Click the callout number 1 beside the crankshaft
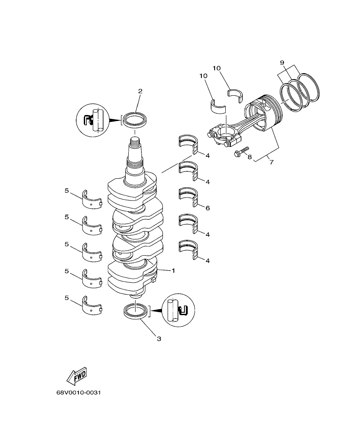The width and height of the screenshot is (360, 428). pyautogui.click(x=173, y=271)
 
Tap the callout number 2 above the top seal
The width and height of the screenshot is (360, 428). pyautogui.click(x=140, y=91)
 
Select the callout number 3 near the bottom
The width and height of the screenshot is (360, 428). pyautogui.click(x=159, y=339)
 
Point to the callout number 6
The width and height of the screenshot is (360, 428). pyautogui.click(x=207, y=208)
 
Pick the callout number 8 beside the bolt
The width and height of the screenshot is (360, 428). pyautogui.click(x=250, y=157)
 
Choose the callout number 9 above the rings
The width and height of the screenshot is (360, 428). pyautogui.click(x=282, y=63)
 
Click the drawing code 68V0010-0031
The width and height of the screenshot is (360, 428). pyautogui.click(x=80, y=393)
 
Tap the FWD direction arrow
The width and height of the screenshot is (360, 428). pyautogui.click(x=77, y=376)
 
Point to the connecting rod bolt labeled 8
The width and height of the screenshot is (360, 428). pyautogui.click(x=241, y=151)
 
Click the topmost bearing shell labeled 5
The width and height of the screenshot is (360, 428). pyautogui.click(x=91, y=200)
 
